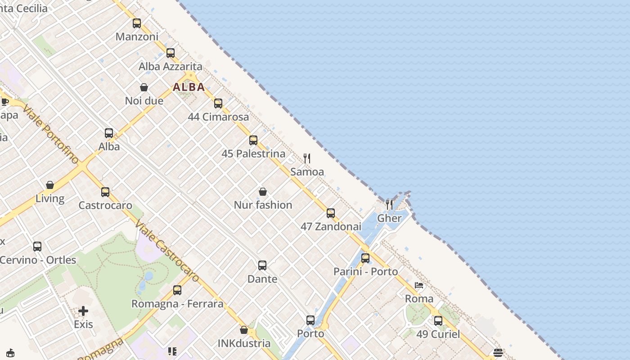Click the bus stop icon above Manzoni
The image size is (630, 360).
(137, 23)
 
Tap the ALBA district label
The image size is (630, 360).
(189, 87)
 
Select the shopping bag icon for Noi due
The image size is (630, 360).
(144, 87)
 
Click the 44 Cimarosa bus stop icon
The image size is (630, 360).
(218, 103)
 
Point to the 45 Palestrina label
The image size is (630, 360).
(253, 154)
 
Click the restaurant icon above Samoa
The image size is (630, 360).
(307, 158)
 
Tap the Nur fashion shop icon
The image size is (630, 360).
(263, 192)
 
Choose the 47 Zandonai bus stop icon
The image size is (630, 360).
(331, 213)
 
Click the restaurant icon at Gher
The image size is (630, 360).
(389, 205)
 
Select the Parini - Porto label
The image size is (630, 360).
(365, 272)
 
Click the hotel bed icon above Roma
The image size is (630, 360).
(419, 285)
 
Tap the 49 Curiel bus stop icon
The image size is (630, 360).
(438, 321)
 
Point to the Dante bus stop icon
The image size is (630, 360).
(262, 265)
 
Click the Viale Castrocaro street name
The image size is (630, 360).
(167, 252)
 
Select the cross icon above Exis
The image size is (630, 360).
(83, 311)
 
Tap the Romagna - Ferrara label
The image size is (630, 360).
(177, 304)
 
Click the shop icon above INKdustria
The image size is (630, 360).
(244, 330)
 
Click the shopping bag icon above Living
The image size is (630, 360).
(50, 185)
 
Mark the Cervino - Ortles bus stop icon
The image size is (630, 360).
(37, 247)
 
